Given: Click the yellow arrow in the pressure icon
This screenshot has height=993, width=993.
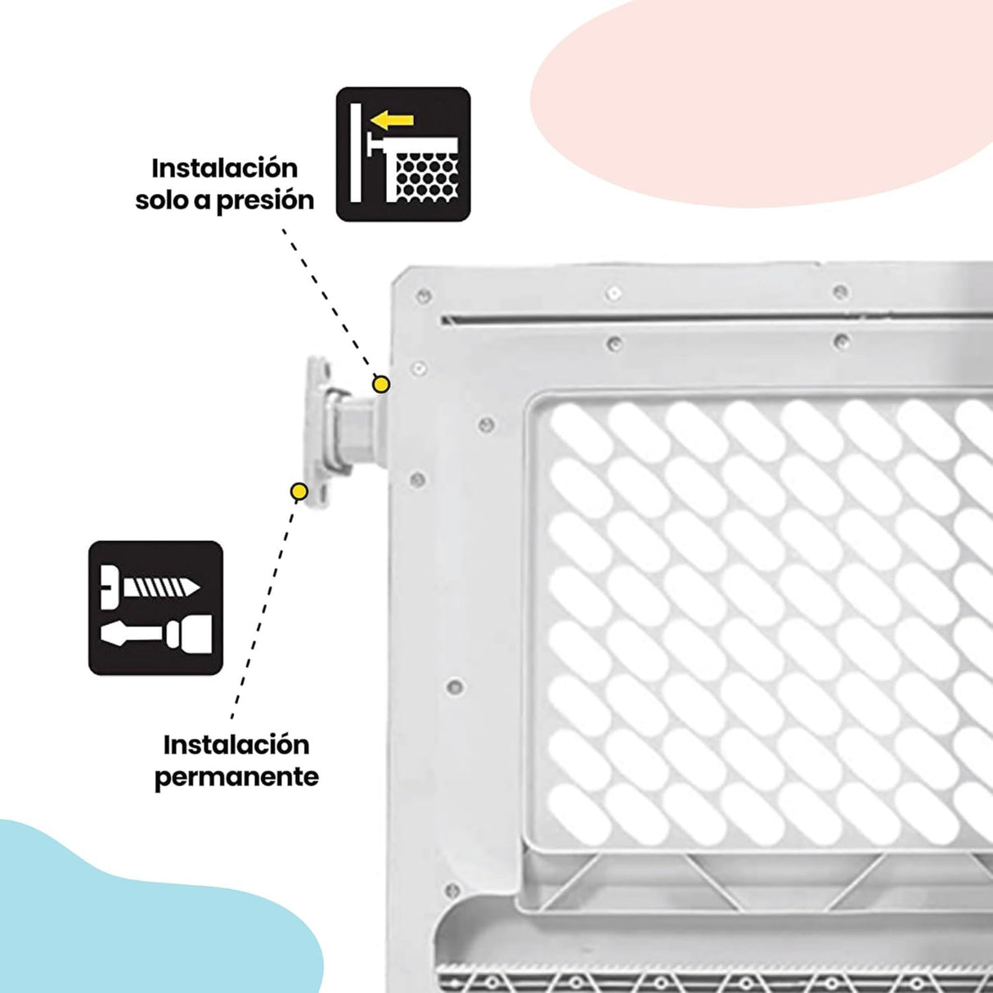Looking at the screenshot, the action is coord(392,120).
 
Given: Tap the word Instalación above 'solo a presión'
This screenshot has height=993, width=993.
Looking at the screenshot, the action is coord(225,169).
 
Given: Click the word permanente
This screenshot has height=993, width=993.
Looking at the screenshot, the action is coord(236,776).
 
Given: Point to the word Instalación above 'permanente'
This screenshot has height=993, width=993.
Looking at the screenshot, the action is coord(236,745).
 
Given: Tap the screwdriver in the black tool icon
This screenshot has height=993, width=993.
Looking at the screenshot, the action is coord(156,633).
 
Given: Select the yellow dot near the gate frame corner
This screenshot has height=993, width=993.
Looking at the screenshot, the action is coord(381,384).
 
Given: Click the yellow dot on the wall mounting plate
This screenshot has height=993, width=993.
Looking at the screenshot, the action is coord(299,492).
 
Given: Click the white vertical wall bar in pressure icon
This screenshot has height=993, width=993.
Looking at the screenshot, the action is coord(356,153).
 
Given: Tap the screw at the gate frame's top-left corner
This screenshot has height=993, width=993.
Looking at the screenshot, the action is coord(424,295).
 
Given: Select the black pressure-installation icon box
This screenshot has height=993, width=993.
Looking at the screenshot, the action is coord(403,154).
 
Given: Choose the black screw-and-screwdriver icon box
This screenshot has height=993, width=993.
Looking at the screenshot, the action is coord(155,608).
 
